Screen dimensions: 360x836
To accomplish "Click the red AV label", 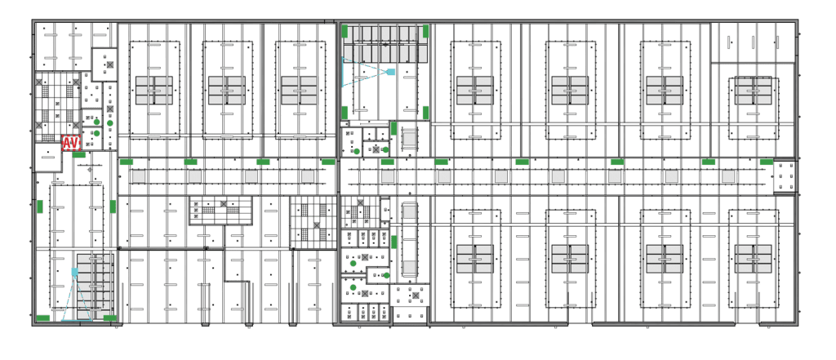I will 70,144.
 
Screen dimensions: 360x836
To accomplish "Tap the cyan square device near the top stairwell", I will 391,72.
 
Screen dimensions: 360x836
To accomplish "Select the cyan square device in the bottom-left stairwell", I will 74,271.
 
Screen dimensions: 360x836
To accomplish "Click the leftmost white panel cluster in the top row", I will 155,90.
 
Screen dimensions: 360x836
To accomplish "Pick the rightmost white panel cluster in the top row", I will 753,90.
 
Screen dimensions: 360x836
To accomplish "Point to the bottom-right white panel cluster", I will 753,259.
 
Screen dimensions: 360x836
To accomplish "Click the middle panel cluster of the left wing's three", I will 226,90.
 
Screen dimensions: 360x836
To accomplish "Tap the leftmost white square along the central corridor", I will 136,176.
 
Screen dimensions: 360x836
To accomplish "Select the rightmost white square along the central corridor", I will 727,176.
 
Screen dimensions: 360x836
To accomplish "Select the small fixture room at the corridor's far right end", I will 785,177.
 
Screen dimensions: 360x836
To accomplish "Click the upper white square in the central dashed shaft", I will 408,211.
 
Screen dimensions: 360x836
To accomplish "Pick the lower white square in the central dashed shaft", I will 408,266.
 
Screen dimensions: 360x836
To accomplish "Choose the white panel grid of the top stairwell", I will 384,43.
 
